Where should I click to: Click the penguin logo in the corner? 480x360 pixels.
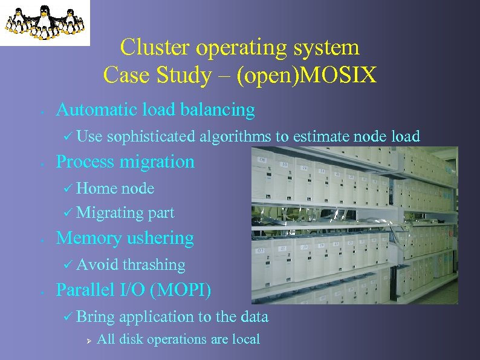(44, 22)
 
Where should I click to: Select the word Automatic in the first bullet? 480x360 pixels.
(96, 110)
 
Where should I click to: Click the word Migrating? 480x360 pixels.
(109, 213)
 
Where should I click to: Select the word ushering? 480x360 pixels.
(160, 238)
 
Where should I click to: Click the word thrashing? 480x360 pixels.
(154, 265)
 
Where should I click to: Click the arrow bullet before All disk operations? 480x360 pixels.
(88, 340)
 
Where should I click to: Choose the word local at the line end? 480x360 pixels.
(246, 339)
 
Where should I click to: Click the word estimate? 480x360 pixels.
(320, 137)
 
